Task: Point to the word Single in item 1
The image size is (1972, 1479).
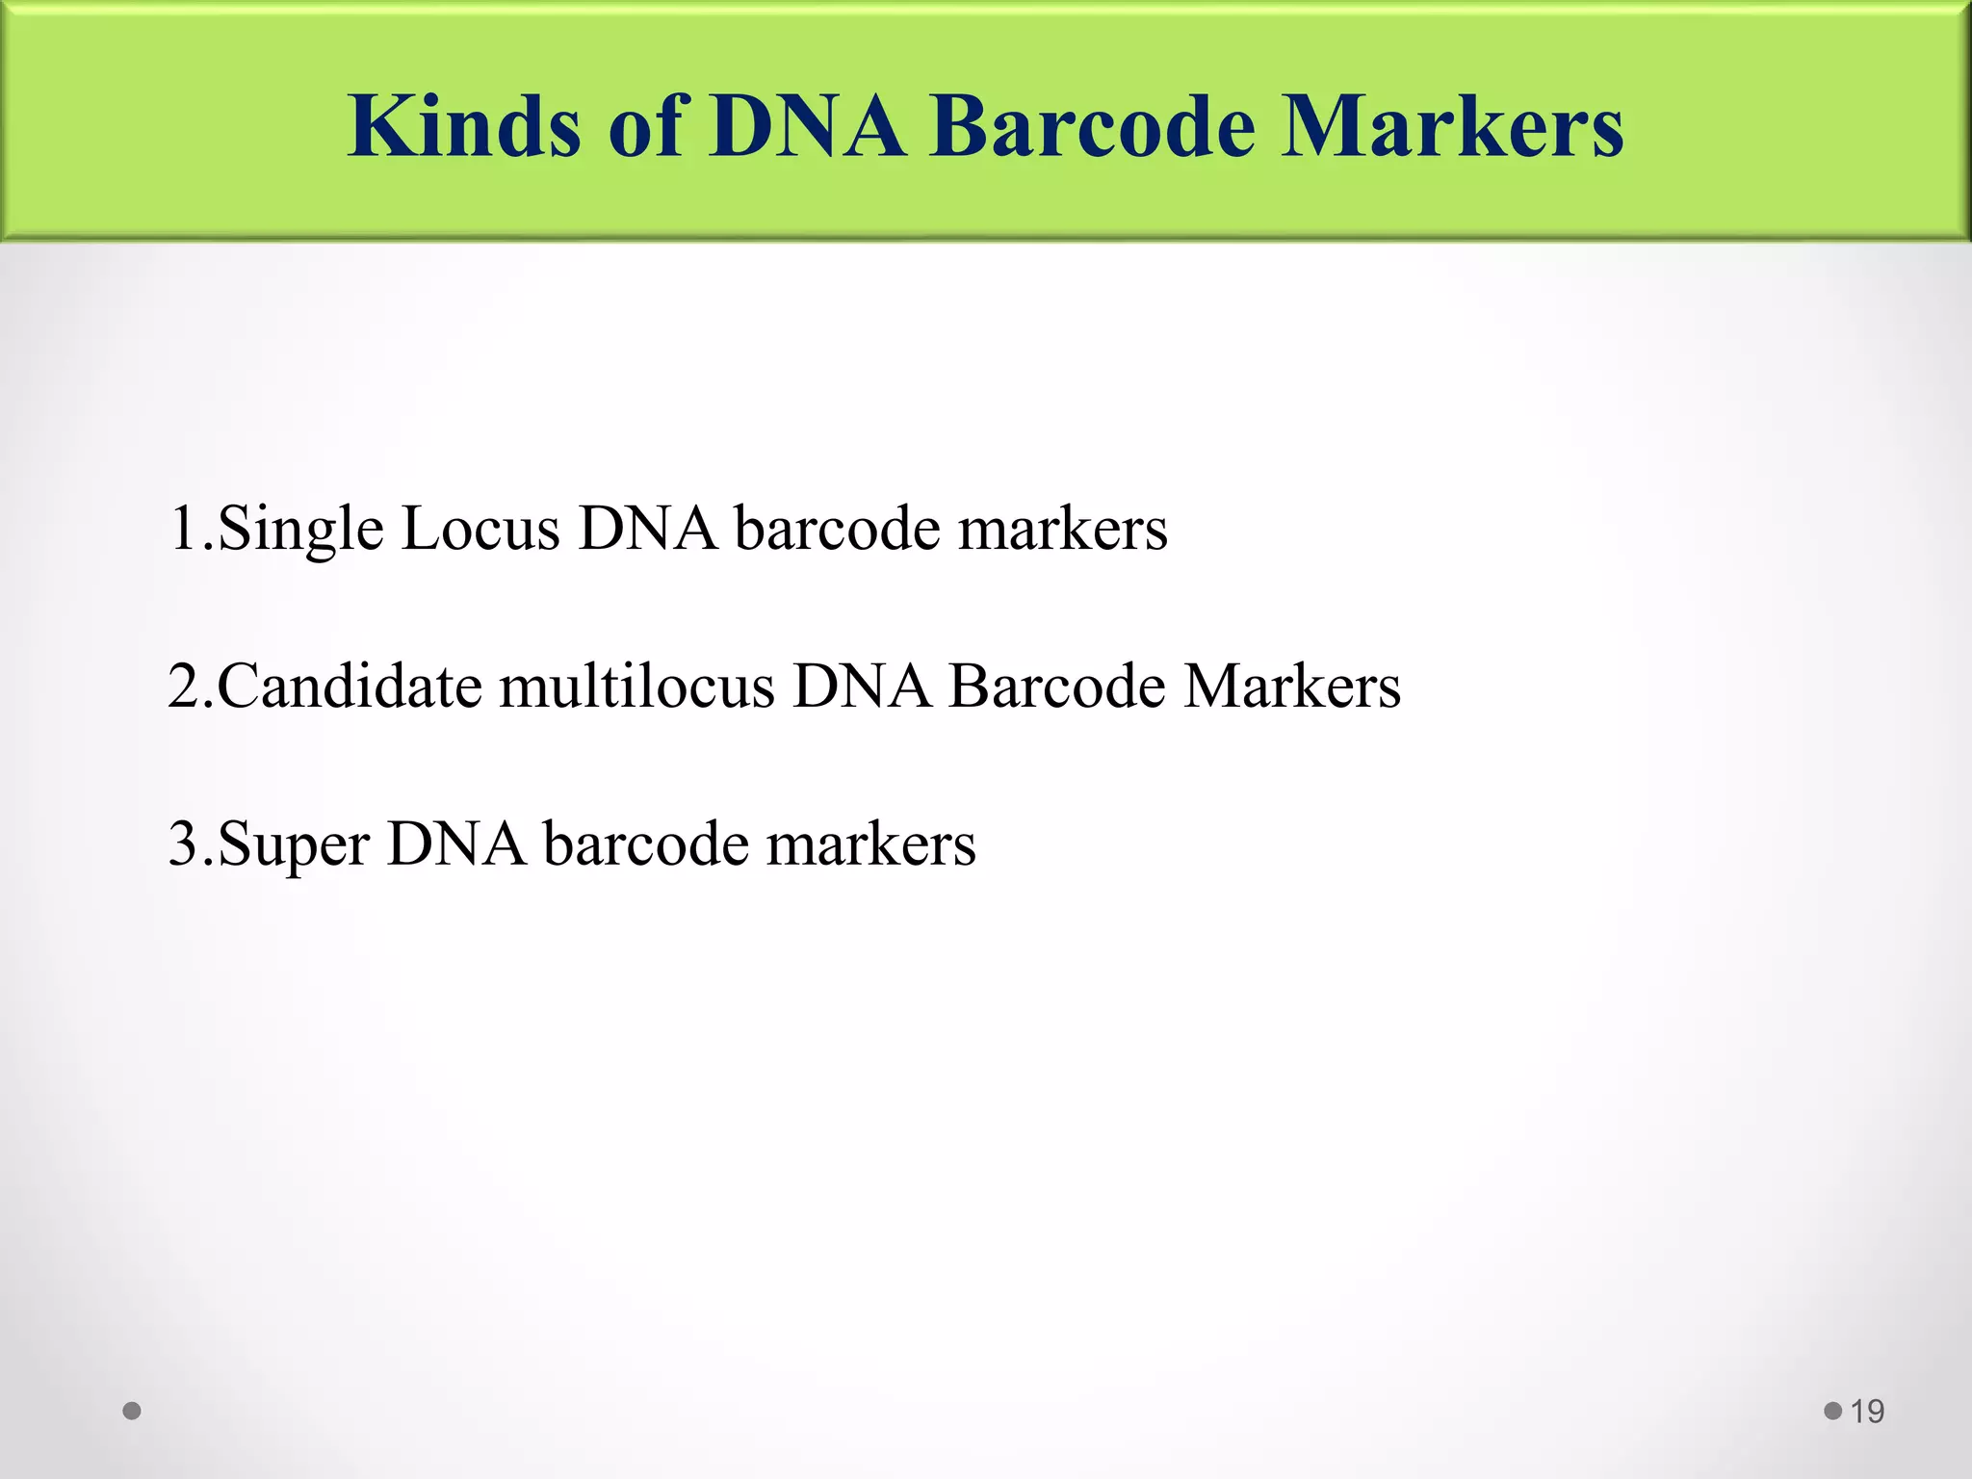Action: pos(300,531)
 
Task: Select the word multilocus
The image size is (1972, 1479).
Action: pos(636,687)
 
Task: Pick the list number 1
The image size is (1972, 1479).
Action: pos(183,529)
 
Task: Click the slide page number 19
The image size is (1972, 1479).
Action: pos(1867,1412)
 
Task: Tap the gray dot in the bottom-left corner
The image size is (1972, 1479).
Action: pos(133,1412)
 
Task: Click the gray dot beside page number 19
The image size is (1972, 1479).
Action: pos(1832,1412)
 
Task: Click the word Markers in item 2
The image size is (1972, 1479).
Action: pos(1292,687)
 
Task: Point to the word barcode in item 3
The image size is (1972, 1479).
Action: pos(646,844)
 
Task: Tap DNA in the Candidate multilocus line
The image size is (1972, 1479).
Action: pos(862,687)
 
